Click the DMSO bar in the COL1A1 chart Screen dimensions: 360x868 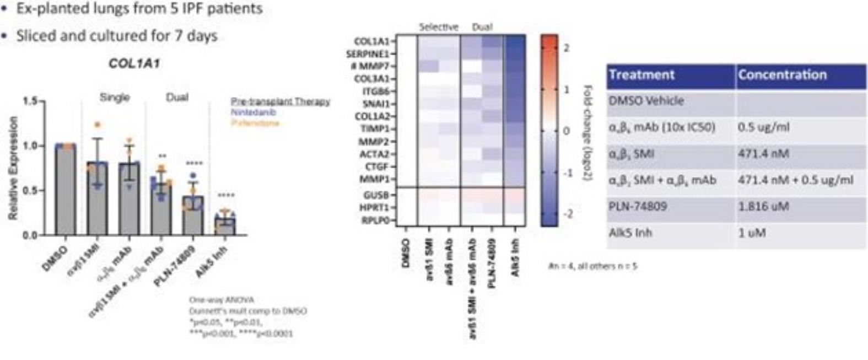coord(65,190)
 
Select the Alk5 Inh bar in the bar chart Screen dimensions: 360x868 coord(224,226)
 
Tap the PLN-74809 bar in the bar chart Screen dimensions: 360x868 coord(193,216)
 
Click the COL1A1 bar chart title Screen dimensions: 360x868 coord(134,63)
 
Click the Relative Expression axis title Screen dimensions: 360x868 coord(13,168)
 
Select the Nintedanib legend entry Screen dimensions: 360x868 coord(254,112)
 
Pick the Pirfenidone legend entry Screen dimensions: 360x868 coord(255,122)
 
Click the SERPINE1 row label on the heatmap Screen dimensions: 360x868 coord(368,53)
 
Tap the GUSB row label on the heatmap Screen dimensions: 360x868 coord(375,195)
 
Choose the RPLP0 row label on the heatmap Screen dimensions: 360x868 coord(374,220)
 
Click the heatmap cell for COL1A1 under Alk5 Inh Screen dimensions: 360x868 coord(515,41)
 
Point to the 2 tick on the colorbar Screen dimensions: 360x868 coord(566,48)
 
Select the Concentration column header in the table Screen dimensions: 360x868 coord(782,75)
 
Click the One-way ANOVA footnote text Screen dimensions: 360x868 coord(222,300)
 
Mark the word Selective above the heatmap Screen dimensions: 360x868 coord(438,27)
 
